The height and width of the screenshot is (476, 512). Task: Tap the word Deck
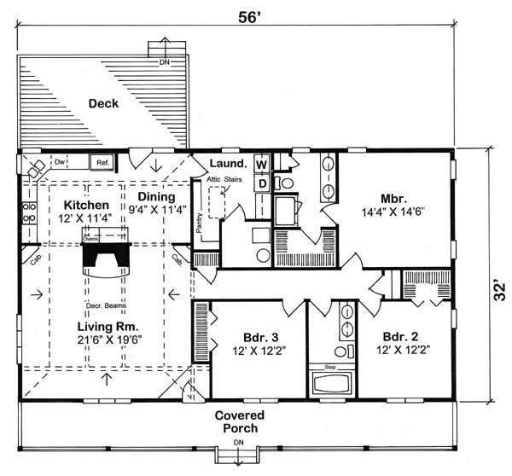tap(102, 104)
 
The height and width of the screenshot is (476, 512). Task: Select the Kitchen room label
tap(86, 206)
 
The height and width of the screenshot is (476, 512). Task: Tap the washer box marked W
tap(262, 163)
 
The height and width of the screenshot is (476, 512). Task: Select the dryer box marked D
tap(262, 183)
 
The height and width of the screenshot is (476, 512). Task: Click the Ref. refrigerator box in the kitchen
tap(101, 161)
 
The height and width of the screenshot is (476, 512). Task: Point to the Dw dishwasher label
tap(61, 160)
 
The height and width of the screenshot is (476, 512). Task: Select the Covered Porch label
tap(240, 421)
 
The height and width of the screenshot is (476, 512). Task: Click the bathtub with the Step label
tap(330, 381)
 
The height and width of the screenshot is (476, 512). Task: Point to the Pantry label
tap(199, 221)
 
